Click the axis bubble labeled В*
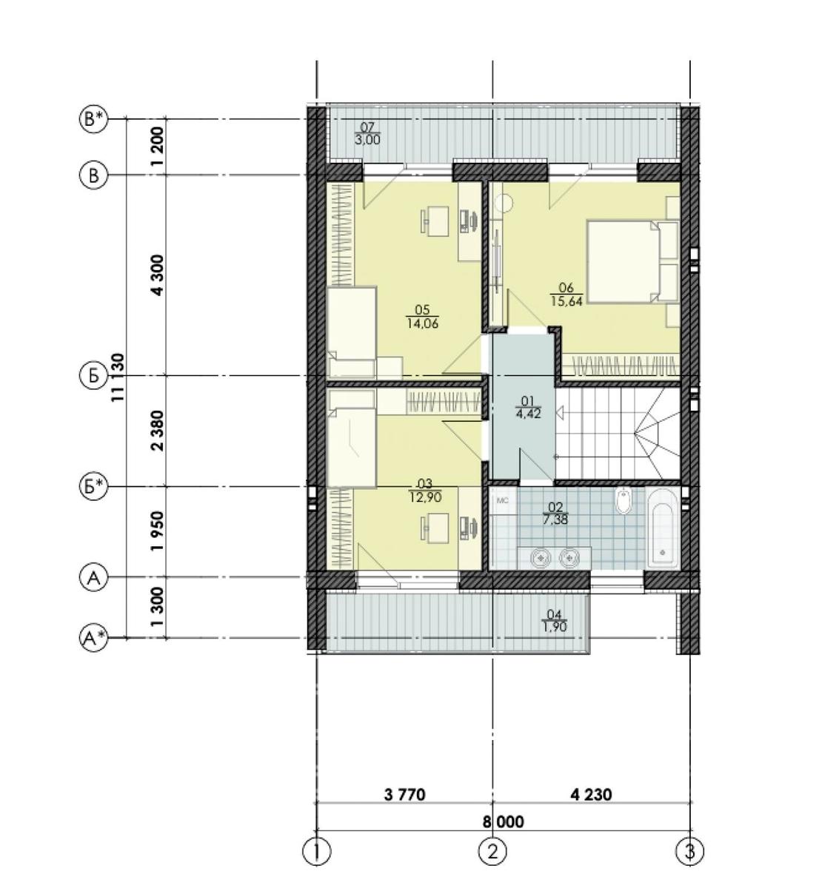(x=93, y=119)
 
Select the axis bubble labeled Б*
(x=93, y=488)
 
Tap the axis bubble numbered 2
(x=493, y=850)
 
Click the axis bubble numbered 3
(x=689, y=850)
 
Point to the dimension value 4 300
(x=158, y=275)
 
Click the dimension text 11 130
(x=118, y=377)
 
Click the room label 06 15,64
(x=566, y=295)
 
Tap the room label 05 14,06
(x=422, y=317)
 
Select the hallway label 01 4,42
(x=528, y=408)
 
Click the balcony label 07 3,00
(x=367, y=134)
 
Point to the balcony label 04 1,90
(x=555, y=621)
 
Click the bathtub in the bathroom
(x=663, y=528)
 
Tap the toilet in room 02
(x=623, y=501)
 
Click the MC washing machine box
(x=503, y=501)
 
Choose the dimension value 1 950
(x=158, y=531)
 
